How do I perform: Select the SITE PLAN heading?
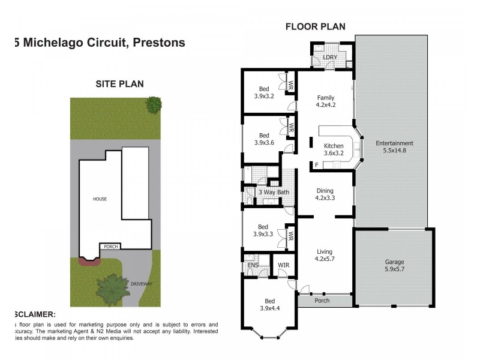[120, 84]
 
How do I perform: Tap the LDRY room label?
[331, 57]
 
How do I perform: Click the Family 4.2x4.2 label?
[325, 101]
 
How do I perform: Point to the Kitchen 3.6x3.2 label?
[334, 149]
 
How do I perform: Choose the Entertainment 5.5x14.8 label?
[394, 147]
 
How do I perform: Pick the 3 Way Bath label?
[274, 192]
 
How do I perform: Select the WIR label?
[283, 264]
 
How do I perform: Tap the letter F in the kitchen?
[316, 164]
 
